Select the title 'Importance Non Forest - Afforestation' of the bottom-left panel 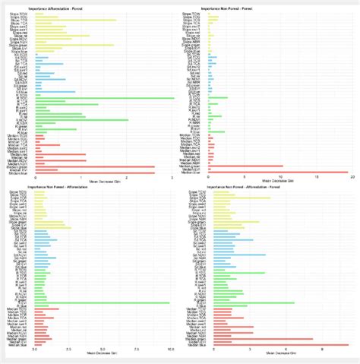point(62,186)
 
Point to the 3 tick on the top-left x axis point(174,176)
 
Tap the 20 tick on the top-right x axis point(352,176)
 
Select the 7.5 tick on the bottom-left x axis point(136,350)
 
